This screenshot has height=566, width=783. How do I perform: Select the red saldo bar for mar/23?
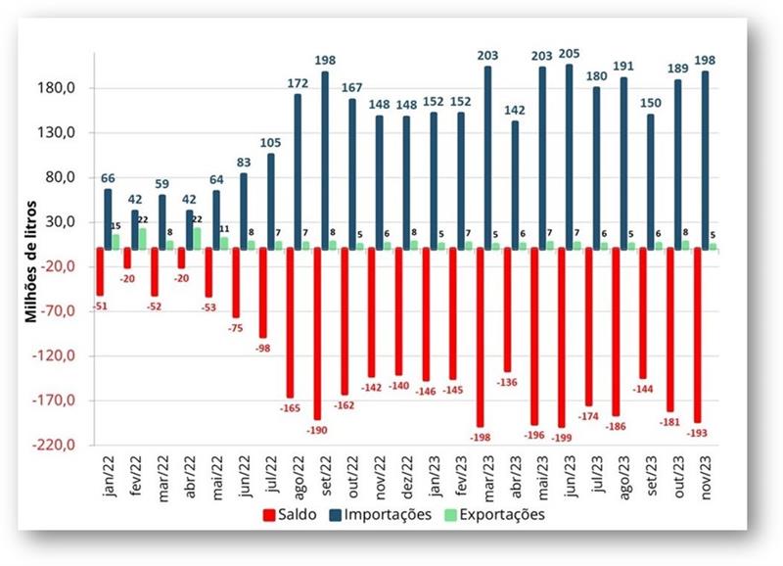point(480,337)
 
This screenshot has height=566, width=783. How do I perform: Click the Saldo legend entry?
point(290,513)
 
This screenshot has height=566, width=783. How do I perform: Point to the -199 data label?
point(560,436)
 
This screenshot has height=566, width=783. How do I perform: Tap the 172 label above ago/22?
point(298,84)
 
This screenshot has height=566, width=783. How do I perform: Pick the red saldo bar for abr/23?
point(507,308)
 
